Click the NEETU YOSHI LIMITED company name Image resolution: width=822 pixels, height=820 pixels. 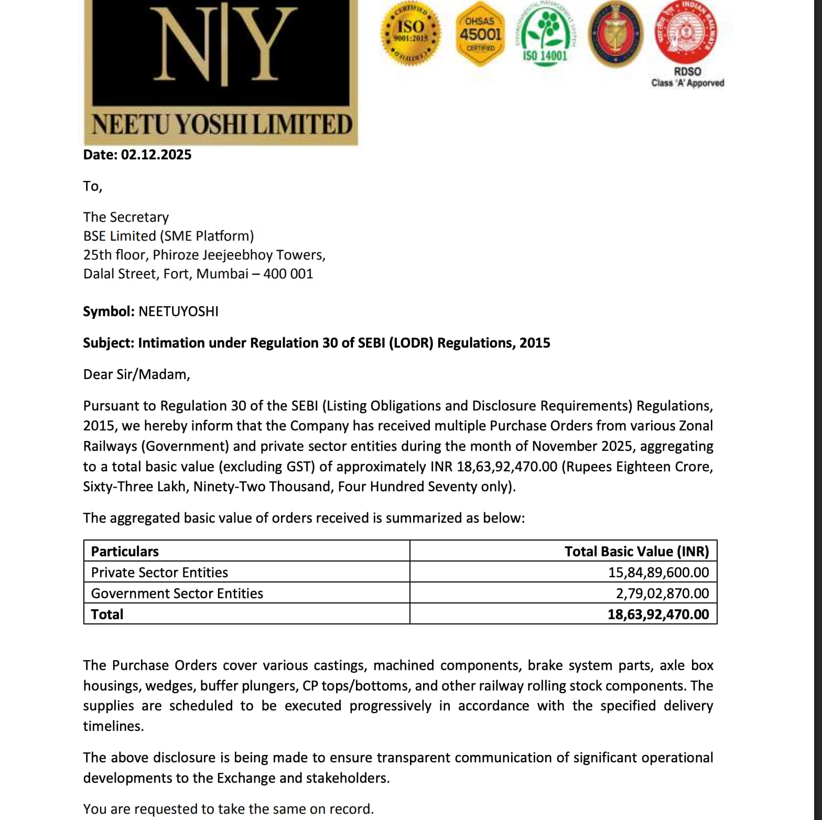[x=221, y=125]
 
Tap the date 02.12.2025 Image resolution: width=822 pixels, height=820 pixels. [x=156, y=155]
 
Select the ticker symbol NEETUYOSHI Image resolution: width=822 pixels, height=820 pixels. [x=178, y=311]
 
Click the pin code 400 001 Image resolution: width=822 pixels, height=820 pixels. [x=288, y=274]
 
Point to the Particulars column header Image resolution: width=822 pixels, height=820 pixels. [x=125, y=552]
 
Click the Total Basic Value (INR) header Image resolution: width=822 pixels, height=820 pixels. [x=636, y=552]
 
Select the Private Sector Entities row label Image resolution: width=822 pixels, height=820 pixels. [x=159, y=573]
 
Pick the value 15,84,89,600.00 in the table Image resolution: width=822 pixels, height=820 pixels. [x=658, y=573]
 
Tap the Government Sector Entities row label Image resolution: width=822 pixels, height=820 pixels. [x=177, y=594]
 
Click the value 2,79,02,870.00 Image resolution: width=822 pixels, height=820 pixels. [x=662, y=594]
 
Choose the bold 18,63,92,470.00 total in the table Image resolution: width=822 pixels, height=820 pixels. [x=658, y=614]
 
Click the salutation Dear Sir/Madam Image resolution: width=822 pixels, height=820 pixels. [x=136, y=374]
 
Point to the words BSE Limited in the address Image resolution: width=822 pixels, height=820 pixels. [x=120, y=236]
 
